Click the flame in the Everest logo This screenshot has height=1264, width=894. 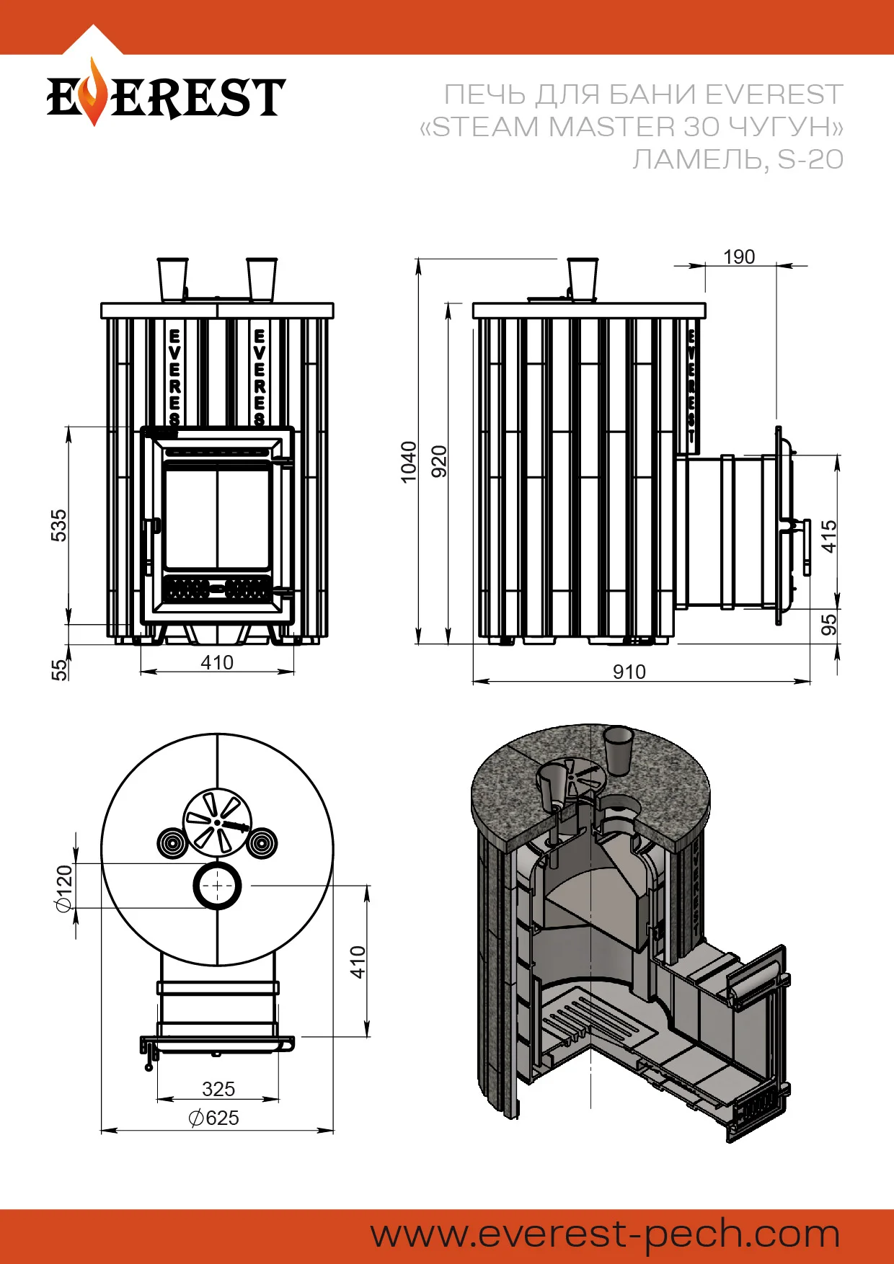click(92, 92)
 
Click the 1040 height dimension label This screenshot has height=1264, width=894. click(409, 461)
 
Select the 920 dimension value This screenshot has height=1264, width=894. click(439, 461)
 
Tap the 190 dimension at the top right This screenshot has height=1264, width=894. click(739, 257)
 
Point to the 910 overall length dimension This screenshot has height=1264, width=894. click(629, 672)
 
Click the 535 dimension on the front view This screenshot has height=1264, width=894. click(59, 525)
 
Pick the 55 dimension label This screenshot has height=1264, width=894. click(59, 669)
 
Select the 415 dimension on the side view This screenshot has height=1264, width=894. click(830, 536)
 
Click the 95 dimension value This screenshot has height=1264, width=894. click(830, 624)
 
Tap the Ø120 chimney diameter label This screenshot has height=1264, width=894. click(65, 889)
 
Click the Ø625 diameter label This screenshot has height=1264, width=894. click(214, 1118)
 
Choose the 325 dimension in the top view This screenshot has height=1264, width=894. click(218, 1088)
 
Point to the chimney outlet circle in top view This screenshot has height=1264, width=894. click(217, 885)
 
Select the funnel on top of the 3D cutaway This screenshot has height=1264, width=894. click(618, 749)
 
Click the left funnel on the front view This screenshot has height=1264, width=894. click(173, 279)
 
